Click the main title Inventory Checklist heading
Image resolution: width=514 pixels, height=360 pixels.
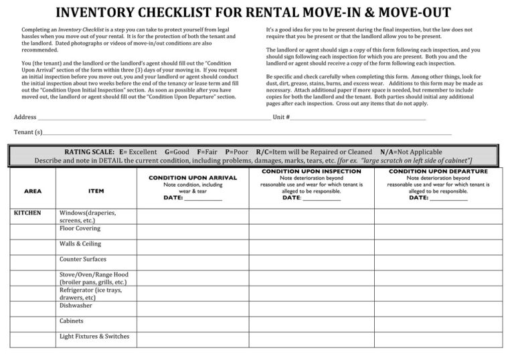tap(252, 13)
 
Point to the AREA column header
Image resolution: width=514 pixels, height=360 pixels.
tap(32, 191)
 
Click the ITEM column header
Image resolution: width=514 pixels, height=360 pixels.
tap(96, 191)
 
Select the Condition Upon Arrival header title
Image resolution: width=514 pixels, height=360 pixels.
tap(193, 178)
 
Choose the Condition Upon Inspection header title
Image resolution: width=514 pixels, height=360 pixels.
tap(311, 172)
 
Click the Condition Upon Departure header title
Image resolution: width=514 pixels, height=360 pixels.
tap(438, 172)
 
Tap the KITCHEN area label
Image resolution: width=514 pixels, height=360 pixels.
tap(27, 213)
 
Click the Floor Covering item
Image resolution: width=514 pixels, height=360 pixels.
tap(80, 228)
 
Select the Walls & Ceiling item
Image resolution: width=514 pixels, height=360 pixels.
tap(80, 244)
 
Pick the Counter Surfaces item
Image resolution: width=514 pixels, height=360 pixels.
tap(82, 259)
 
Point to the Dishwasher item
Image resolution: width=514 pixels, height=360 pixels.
tap(76, 305)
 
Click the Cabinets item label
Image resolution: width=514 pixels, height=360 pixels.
tap(72, 321)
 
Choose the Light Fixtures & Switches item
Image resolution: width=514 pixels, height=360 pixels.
tap(94, 336)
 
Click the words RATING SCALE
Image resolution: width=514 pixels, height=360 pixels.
tap(89, 153)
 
